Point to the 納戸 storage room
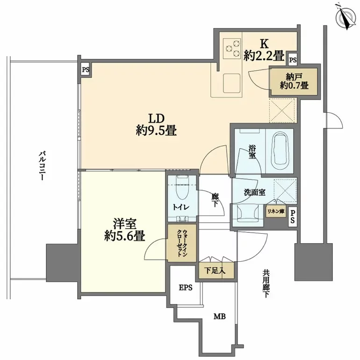pos(294,81)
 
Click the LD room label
pos(156,118)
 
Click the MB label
pos(219,317)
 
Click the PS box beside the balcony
pos(85,70)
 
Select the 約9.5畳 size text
pos(156,131)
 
